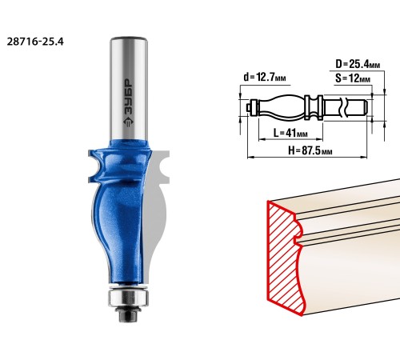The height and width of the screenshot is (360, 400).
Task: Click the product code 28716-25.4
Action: (x=35, y=42)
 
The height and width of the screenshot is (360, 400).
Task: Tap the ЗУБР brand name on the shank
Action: (x=130, y=98)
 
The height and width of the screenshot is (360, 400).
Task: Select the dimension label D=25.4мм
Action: (x=358, y=64)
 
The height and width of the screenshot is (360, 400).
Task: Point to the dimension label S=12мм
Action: (x=353, y=78)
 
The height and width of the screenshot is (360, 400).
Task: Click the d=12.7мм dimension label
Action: (x=265, y=77)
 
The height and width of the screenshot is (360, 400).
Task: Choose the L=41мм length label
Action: (x=290, y=133)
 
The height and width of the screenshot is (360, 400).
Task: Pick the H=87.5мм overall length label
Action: (x=310, y=150)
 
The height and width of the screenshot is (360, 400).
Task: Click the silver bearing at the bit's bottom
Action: (x=128, y=298)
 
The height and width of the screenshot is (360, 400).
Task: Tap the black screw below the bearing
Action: (x=127, y=314)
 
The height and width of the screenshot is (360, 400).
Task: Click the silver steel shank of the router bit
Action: (x=129, y=88)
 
